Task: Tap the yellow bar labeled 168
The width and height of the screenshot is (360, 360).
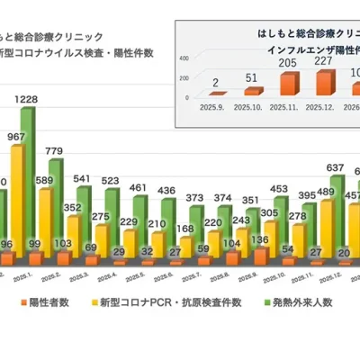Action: point(184,248)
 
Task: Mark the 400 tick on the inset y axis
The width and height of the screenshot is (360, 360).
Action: point(184,56)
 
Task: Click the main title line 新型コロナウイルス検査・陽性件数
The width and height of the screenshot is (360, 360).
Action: point(76,53)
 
